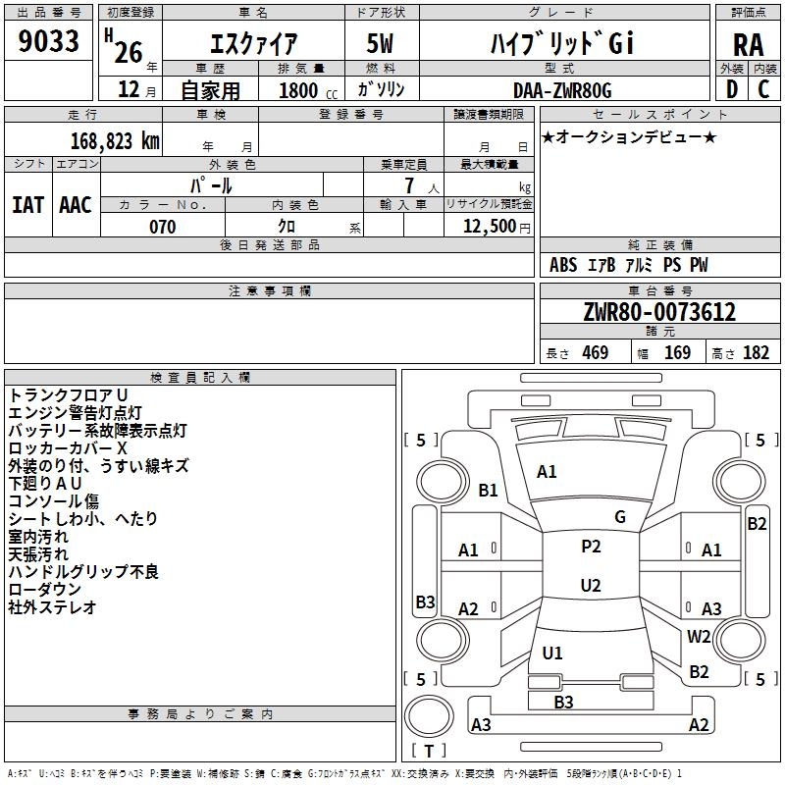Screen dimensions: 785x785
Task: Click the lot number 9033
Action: point(48,41)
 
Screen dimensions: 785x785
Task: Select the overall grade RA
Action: point(748,45)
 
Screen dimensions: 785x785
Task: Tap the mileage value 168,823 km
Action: point(115,141)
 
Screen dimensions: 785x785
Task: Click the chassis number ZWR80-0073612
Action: point(659,312)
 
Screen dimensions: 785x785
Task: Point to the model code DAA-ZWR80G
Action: point(562,90)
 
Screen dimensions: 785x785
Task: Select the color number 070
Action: point(163,227)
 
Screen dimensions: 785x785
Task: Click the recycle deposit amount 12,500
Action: point(490,227)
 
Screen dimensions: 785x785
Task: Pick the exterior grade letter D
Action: point(732,89)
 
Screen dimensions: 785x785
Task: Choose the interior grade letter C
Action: point(763,89)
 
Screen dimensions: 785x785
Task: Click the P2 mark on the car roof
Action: point(591,547)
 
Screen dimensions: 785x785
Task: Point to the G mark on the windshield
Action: point(620,517)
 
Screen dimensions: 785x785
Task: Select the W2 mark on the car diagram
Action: point(699,636)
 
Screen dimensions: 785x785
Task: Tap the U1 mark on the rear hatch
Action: point(552,653)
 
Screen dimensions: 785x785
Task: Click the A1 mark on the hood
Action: point(547,472)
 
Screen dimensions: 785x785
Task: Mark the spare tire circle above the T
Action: point(429,716)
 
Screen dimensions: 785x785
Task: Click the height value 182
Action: point(756,352)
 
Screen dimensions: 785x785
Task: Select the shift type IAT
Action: point(28,205)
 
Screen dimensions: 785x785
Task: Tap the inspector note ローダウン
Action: point(44,590)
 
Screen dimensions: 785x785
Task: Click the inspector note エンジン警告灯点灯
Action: point(76,412)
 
